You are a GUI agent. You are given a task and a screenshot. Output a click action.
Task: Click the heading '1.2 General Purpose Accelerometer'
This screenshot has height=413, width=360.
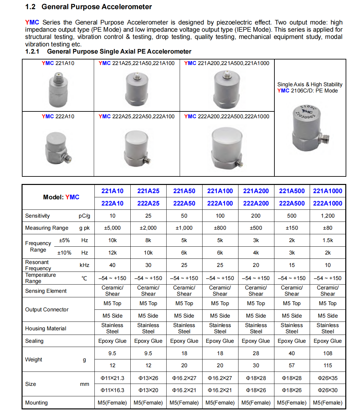click(x=88, y=7)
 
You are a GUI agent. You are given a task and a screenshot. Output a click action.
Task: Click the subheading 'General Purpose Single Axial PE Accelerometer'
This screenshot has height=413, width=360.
click(x=119, y=51)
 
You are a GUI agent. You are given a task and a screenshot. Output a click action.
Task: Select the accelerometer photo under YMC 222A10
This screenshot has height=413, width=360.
click(x=58, y=148)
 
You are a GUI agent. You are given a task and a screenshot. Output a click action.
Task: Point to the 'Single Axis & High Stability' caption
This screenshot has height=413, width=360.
click(x=310, y=84)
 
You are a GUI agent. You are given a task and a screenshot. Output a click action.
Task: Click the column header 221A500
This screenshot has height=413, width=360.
click(x=292, y=191)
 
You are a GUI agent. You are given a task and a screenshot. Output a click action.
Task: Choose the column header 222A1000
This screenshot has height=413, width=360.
click(x=328, y=203)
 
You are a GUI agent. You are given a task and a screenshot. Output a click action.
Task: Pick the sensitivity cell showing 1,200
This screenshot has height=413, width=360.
click(x=328, y=216)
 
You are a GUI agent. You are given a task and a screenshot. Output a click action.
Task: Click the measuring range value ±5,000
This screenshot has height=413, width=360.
click(x=112, y=228)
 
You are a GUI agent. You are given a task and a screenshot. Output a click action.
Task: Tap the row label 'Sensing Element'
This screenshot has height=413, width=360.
click(x=46, y=291)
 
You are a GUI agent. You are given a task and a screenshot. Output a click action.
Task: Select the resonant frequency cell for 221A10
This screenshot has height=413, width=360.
click(x=112, y=265)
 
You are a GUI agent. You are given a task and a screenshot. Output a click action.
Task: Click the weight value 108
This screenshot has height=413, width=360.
click(x=328, y=353)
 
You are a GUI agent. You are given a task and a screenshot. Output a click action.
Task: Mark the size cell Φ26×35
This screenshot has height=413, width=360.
click(x=328, y=378)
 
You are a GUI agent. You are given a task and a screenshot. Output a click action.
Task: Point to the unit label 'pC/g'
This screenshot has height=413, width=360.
click(x=84, y=216)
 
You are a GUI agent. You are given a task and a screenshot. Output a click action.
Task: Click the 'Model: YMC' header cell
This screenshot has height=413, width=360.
click(x=61, y=197)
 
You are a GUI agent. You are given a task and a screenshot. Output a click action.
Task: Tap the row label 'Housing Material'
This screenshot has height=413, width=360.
click(x=46, y=328)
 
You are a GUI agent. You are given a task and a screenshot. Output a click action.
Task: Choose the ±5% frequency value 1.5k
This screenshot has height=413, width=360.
click(x=328, y=240)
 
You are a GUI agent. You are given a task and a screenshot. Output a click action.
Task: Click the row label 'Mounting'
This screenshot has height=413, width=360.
click(x=36, y=403)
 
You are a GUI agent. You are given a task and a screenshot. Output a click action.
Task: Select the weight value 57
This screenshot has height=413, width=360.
click(x=292, y=365)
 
